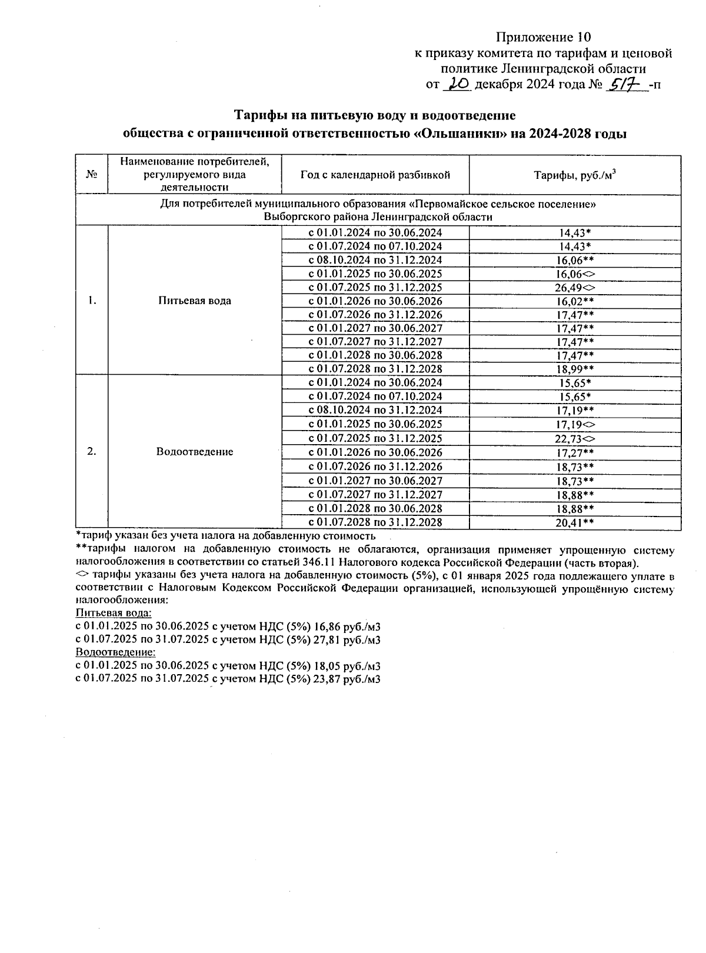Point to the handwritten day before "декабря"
pos(457,85)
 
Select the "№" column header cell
pos(92,175)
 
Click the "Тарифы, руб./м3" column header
pos(575,175)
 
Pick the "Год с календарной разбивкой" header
pos(375,175)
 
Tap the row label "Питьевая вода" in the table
pos(194,301)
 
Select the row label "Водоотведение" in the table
pos(194,452)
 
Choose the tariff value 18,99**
pos(575,369)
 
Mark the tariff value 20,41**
pos(575,522)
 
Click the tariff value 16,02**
pos(575,301)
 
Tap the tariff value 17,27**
pos(575,452)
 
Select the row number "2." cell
pos(92,452)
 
